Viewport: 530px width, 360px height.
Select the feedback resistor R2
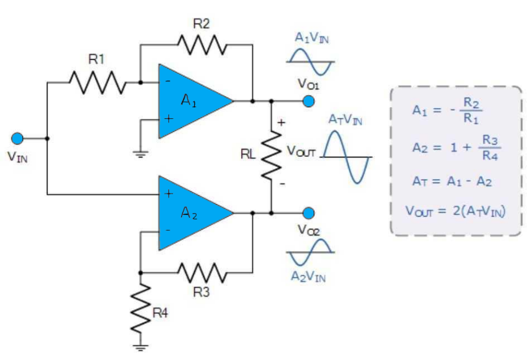[x=201, y=43]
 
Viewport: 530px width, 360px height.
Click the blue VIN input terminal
[x=18, y=138]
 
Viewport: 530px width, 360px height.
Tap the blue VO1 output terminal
[x=309, y=101]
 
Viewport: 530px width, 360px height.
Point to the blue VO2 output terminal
[x=309, y=213]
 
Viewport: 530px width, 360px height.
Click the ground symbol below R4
[x=141, y=348]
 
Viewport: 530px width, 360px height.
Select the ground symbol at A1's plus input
[x=141, y=153]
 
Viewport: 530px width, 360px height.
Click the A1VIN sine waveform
[x=310, y=61]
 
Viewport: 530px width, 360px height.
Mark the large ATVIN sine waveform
[x=347, y=157]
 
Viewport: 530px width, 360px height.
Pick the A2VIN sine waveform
[x=310, y=252]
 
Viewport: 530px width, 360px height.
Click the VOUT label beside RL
[x=301, y=152]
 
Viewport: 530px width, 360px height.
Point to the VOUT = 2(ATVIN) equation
[x=456, y=210]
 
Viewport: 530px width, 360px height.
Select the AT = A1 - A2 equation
[x=452, y=181]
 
